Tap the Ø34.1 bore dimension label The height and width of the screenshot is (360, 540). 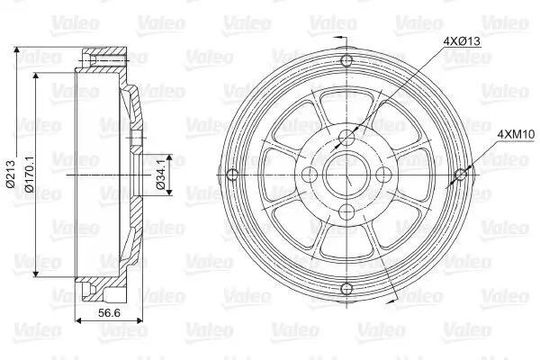point(160,174)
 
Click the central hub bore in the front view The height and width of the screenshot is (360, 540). point(346,174)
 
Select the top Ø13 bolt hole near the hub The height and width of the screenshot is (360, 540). point(346,137)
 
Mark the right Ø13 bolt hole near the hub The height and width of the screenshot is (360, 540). point(382,174)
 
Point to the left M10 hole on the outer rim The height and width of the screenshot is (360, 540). point(231,174)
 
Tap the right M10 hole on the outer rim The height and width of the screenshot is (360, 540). point(460,174)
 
